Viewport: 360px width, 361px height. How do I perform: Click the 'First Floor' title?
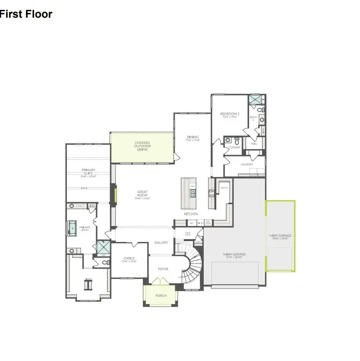(x=26, y=14)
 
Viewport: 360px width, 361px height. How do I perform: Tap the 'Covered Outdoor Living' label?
(x=142, y=146)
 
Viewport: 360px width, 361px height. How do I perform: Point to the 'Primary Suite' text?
(x=88, y=172)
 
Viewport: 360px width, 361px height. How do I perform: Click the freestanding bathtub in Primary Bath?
(x=72, y=228)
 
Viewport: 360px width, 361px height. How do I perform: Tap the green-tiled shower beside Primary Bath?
(x=103, y=247)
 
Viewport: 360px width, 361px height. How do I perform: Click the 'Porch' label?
(x=161, y=295)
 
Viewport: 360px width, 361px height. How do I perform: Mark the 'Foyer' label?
(x=163, y=269)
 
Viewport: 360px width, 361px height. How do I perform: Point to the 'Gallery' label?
(x=161, y=242)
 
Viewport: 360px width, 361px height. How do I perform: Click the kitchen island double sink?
(x=193, y=193)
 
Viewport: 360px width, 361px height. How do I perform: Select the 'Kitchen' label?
(x=191, y=214)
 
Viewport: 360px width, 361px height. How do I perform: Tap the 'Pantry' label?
(x=224, y=188)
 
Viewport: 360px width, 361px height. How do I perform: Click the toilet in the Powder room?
(x=237, y=141)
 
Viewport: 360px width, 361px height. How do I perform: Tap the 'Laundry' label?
(x=246, y=164)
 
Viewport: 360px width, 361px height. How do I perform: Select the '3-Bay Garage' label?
(x=234, y=254)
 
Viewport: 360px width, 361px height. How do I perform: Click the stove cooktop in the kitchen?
(x=212, y=193)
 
